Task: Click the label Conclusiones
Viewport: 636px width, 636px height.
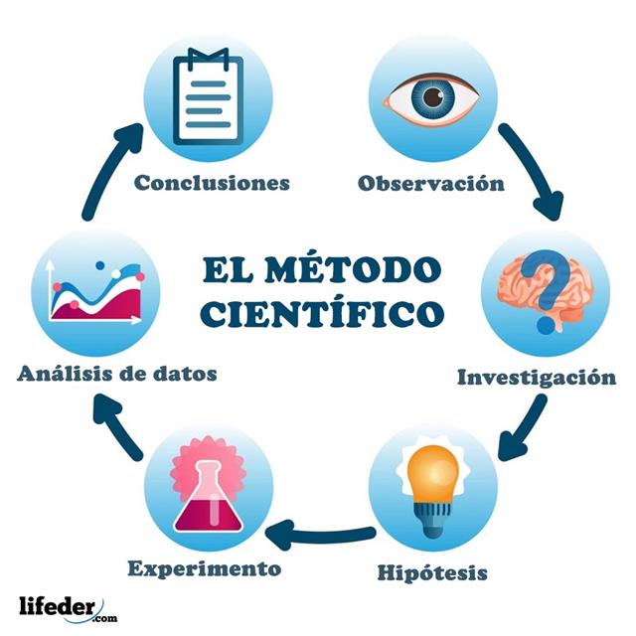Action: tap(212, 183)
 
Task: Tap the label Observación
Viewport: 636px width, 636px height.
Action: tap(430, 183)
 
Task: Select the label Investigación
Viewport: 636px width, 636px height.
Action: tap(537, 378)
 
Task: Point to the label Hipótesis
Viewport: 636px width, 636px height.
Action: tap(432, 572)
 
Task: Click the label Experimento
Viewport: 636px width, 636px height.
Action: tap(205, 568)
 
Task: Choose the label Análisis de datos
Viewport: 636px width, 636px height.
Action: tap(117, 374)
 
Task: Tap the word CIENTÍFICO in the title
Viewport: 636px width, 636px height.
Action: tap(322, 313)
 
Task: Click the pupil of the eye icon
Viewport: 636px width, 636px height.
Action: tap(433, 96)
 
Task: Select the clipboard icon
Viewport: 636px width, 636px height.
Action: tap(208, 97)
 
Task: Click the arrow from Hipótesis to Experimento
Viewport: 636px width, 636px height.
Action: tap(320, 534)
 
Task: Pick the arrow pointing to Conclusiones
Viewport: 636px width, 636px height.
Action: tap(110, 170)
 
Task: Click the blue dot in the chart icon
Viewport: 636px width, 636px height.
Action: tap(99, 265)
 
